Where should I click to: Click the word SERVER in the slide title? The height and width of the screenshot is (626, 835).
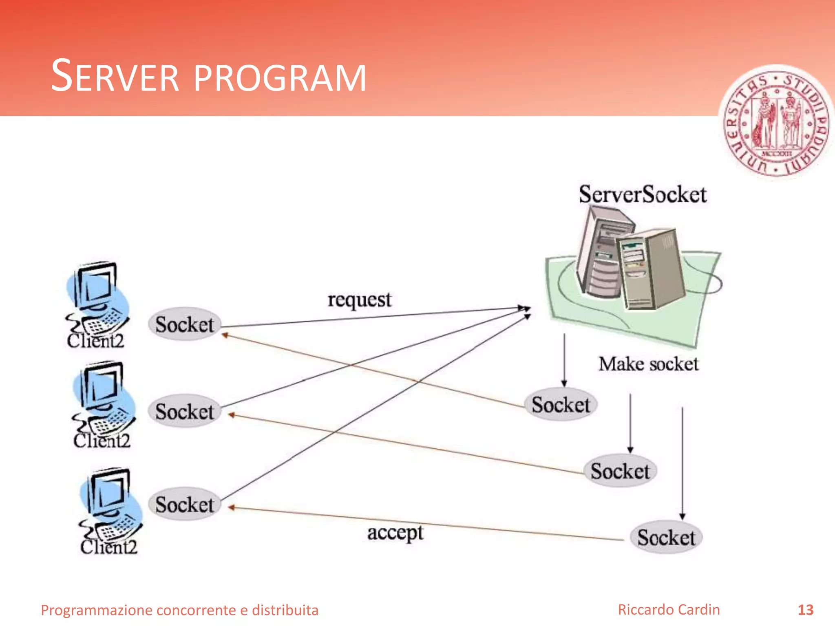(115, 77)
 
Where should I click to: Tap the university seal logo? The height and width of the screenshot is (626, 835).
(776, 123)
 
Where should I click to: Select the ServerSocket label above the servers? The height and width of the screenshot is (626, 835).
(643, 194)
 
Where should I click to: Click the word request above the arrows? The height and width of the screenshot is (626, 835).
(359, 300)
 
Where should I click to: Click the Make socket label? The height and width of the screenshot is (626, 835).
(648, 364)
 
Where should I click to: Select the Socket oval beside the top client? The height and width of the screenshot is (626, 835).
(184, 325)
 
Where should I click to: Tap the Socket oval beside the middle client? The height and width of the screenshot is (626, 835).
(184, 411)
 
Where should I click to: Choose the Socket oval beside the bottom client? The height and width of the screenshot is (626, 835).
(184, 504)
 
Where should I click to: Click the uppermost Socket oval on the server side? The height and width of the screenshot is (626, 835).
(561, 405)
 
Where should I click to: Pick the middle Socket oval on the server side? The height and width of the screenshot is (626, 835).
(620, 471)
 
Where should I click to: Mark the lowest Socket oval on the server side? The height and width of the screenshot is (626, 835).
(666, 537)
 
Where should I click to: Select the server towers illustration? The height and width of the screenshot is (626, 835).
(630, 261)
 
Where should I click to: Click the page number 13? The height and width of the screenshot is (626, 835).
(805, 610)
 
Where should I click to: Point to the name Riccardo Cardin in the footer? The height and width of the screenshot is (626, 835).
(669, 610)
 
